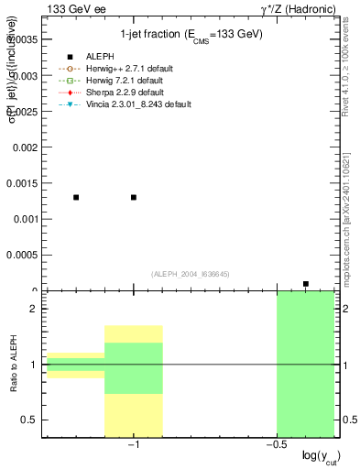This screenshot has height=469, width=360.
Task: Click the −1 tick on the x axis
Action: (x=133, y=444)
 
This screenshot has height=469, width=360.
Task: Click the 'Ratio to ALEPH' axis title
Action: (x=14, y=365)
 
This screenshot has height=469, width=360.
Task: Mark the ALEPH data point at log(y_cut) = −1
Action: (x=134, y=197)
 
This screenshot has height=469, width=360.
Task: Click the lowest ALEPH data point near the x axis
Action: (x=306, y=284)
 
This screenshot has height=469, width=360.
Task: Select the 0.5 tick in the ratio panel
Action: (x=31, y=420)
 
